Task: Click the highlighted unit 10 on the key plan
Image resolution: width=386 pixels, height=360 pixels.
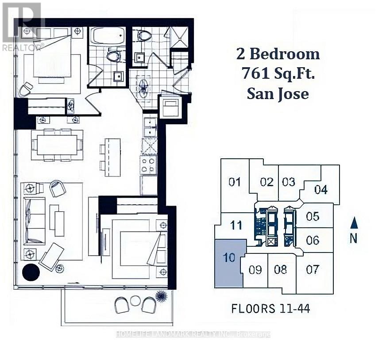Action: point(229,263)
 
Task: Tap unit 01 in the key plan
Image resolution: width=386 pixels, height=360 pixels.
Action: point(235,186)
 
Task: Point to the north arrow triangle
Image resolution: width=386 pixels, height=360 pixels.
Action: point(354,223)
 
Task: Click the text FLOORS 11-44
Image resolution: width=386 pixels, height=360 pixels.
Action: point(270,309)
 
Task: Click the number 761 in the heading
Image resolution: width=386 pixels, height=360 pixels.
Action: point(254,73)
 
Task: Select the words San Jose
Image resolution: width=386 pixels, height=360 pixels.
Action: point(278,94)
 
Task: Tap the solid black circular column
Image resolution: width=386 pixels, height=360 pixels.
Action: point(31,272)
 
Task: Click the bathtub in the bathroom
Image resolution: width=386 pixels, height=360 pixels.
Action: point(107,36)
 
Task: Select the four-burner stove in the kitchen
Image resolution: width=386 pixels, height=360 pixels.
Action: point(149,165)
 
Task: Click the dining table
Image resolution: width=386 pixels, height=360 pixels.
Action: point(57,145)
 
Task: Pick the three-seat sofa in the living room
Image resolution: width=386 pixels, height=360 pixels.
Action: point(35,221)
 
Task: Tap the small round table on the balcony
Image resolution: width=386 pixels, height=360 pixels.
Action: point(135,300)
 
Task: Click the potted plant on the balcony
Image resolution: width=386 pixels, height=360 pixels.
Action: point(162,296)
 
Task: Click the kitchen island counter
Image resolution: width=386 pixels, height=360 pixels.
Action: point(113,157)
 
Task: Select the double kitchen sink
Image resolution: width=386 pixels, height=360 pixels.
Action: point(150,127)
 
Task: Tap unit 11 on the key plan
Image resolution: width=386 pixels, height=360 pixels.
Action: point(236,225)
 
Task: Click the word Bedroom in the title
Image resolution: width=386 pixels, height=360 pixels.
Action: point(285,54)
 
